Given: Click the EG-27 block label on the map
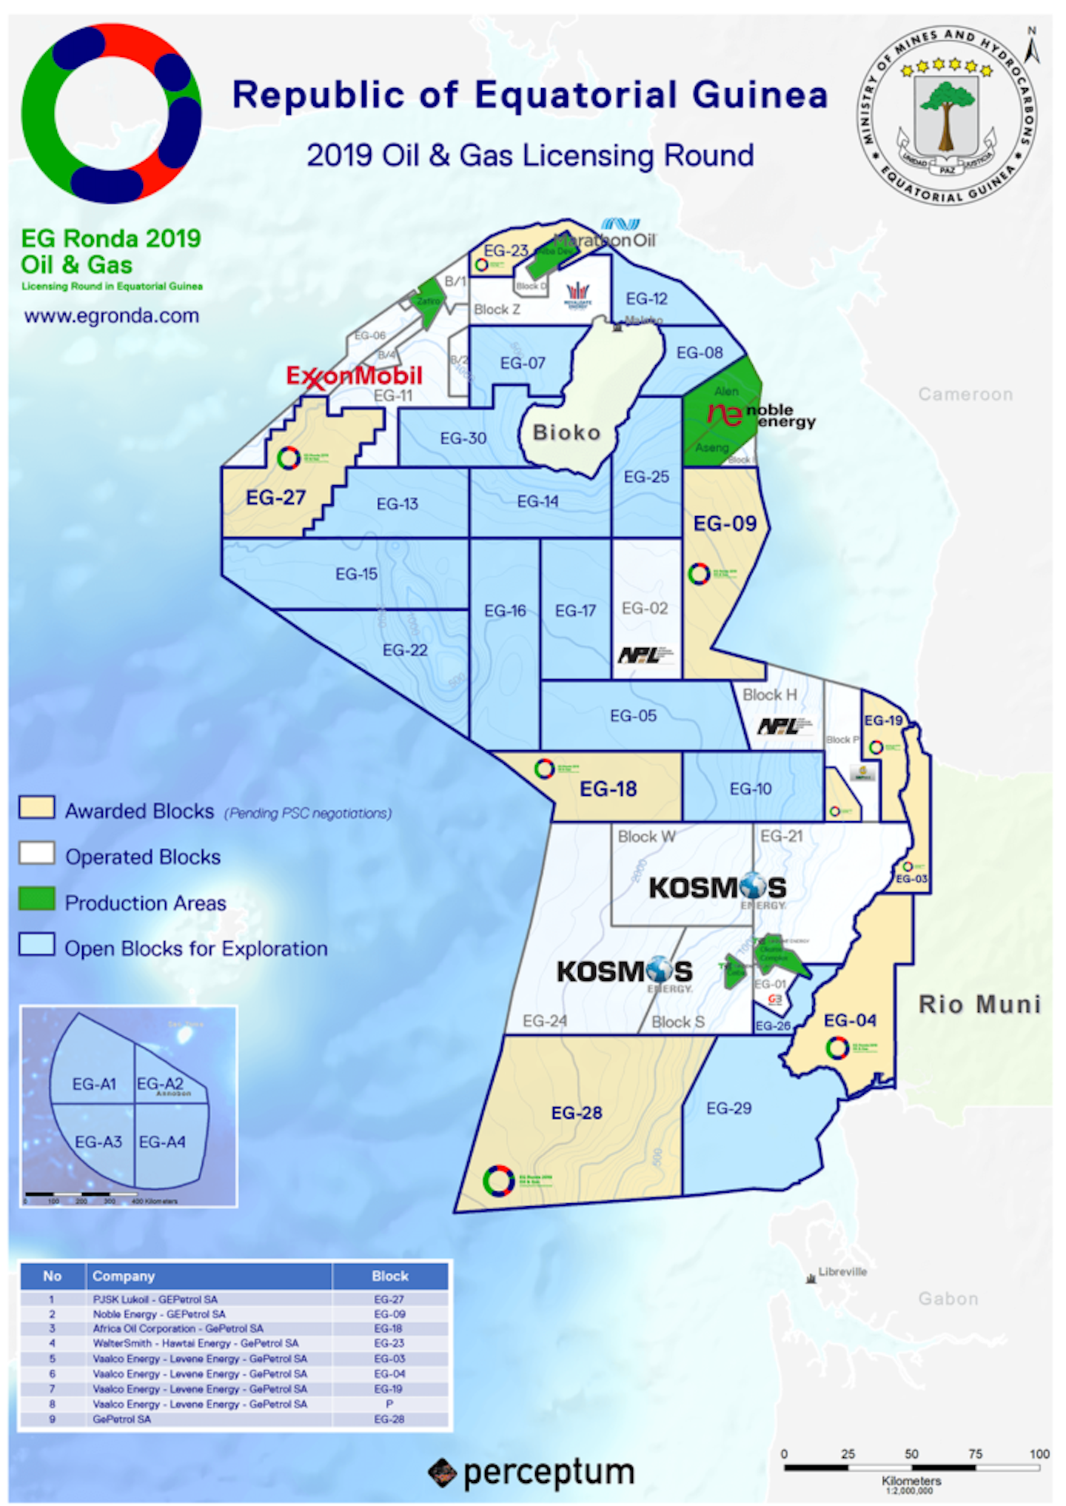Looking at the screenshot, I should point(275,497).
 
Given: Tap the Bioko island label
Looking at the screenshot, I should point(566,432).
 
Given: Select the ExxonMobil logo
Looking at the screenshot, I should point(354,376).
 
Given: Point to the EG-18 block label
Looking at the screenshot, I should point(608,789).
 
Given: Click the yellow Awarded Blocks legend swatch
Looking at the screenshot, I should point(37,808).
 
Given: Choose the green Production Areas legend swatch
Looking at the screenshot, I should point(37,899).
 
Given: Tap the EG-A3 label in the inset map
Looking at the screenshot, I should point(98,1142).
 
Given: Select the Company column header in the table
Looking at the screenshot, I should point(124,1276).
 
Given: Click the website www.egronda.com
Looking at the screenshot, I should point(112,316).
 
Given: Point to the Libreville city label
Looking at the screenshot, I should point(842,1272).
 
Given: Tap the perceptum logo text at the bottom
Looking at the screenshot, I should point(548,1472).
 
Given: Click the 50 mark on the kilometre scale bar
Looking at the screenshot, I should point(911,1453).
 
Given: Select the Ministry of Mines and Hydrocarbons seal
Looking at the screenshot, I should point(947,116).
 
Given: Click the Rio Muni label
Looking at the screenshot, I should point(979,1005).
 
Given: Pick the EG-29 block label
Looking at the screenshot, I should point(728,1108).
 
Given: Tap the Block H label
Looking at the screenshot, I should point(770,695).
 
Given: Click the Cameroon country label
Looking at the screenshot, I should point(965,395).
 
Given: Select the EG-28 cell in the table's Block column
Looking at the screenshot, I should point(389,1419).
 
